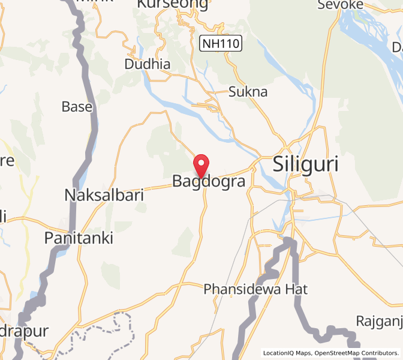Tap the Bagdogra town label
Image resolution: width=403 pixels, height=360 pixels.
coord(209,181)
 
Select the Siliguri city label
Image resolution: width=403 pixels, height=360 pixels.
coord(305,164)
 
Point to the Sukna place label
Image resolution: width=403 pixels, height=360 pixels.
coord(248,92)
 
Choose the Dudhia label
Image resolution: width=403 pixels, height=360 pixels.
coord(147,64)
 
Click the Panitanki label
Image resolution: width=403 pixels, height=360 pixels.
coord(79,238)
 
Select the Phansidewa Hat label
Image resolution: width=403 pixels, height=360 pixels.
coord(255,289)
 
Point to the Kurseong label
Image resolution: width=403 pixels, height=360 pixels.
coord(172,5)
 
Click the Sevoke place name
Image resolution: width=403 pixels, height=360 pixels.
coord(340,5)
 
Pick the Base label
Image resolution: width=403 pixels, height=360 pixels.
coord(77,107)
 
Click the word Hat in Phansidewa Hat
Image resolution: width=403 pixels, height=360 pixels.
coord(296,289)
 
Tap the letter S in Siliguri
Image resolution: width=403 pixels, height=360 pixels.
coord(280,164)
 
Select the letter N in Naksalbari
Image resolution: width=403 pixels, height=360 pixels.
coord(70,195)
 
